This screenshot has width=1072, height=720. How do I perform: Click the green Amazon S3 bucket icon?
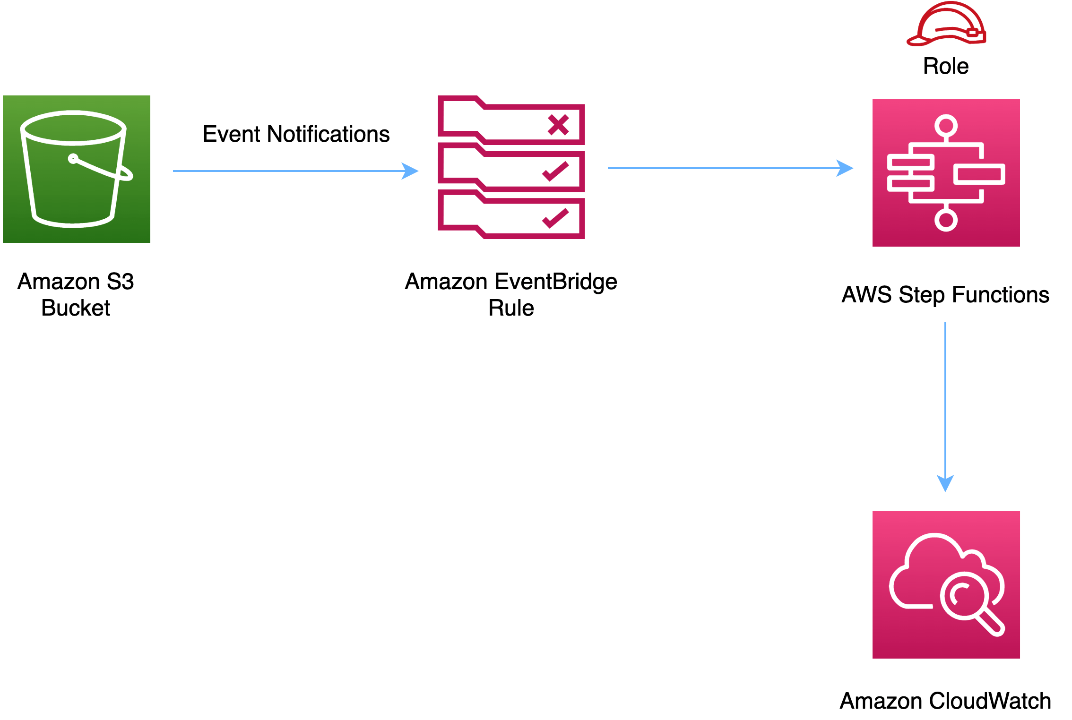click(77, 169)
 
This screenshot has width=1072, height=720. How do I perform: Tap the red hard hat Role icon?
click(946, 25)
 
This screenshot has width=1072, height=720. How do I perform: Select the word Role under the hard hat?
click(946, 66)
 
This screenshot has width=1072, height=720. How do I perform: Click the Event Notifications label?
click(296, 134)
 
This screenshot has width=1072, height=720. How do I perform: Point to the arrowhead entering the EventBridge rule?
click(410, 171)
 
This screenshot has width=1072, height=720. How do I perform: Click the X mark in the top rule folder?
click(558, 125)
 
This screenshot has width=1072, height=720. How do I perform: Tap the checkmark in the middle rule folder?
click(555, 171)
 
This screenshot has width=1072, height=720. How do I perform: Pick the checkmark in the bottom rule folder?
click(555, 218)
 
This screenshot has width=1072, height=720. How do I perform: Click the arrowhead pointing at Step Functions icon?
click(845, 168)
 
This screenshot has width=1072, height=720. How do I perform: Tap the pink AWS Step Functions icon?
click(946, 173)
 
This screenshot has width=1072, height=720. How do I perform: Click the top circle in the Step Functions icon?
click(946, 126)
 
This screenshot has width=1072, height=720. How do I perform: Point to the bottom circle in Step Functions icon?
click(946, 220)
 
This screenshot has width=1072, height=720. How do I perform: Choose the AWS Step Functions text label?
click(945, 295)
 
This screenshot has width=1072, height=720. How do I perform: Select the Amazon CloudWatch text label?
click(945, 701)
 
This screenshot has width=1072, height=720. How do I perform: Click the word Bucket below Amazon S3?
click(76, 308)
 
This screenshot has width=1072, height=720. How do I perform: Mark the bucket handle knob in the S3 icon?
click(73, 158)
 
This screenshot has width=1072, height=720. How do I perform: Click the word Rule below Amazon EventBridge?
click(511, 308)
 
